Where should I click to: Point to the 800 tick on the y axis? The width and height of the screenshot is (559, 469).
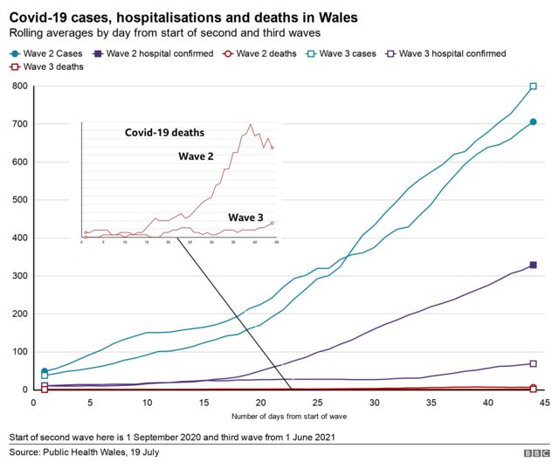pos(17,86)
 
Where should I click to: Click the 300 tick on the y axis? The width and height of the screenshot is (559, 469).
pos(17,276)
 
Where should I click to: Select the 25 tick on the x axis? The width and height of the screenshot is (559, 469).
pos(317,403)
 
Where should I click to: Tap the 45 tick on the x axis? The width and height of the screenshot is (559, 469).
pos(544,403)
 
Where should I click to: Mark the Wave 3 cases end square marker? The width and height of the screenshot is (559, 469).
pos(533,86)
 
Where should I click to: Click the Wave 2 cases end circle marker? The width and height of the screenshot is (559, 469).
pos(533,121)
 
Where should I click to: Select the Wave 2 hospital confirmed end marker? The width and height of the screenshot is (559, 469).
pos(533,265)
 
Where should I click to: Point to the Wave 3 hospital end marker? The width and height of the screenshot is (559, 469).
pos(533,363)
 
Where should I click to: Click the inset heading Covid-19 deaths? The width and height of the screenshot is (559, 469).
pos(164,133)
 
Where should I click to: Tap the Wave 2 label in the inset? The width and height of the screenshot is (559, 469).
pos(197,156)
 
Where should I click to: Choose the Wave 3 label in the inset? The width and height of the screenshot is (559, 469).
pos(246,217)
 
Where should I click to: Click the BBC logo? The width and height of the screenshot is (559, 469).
pos(532,453)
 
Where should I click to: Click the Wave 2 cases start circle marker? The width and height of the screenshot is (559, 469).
pos(45,371)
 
